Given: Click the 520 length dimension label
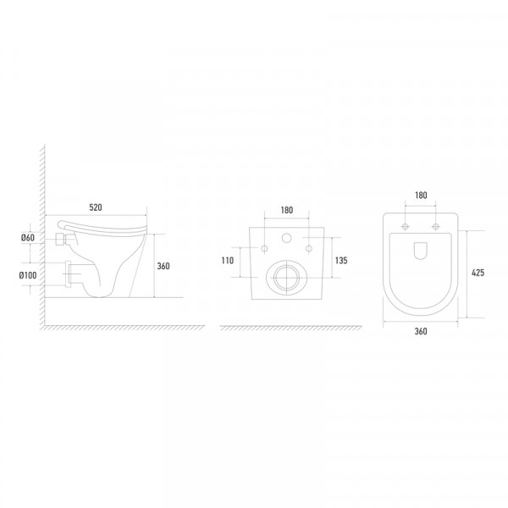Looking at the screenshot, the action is coord(96,207).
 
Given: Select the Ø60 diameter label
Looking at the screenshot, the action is coord(28,238).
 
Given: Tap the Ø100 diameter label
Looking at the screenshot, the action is coord(28,275).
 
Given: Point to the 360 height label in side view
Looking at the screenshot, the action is coord(163,266).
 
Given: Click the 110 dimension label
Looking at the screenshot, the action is coord(228,261).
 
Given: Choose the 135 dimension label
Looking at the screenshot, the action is coord(341,261).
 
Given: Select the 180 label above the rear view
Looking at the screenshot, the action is coord(287,210).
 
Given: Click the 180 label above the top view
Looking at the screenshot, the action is coord(421,195).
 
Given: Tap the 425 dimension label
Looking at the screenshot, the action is coord(478,273).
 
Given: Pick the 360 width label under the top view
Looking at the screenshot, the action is coord(421,331).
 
